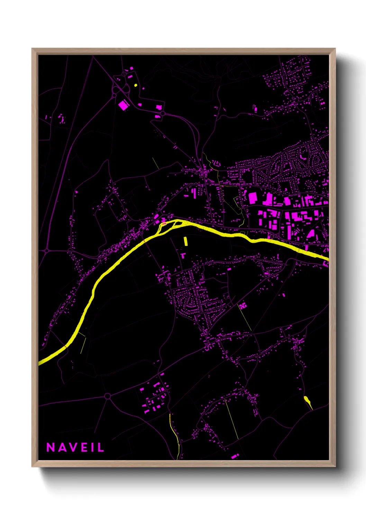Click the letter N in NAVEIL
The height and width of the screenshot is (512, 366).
(51, 447)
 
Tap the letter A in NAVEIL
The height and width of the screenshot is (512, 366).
(62, 447)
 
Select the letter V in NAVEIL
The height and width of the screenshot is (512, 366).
(73, 447)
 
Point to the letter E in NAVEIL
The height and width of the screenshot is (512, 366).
(84, 447)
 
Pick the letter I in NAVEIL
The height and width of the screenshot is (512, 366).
(92, 447)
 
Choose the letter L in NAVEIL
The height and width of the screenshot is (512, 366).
(101, 447)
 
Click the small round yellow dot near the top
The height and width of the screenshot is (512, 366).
(136, 85)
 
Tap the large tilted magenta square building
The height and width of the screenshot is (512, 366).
(123, 105)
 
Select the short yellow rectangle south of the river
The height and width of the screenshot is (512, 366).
(185, 241)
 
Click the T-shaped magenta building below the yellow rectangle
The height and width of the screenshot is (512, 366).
(183, 255)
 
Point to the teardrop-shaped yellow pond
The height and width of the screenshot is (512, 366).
(307, 401)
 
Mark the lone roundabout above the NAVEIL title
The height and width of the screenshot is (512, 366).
(107, 396)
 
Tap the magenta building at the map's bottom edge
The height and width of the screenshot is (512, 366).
(235, 456)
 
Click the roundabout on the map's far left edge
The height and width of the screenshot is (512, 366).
(47, 250)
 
